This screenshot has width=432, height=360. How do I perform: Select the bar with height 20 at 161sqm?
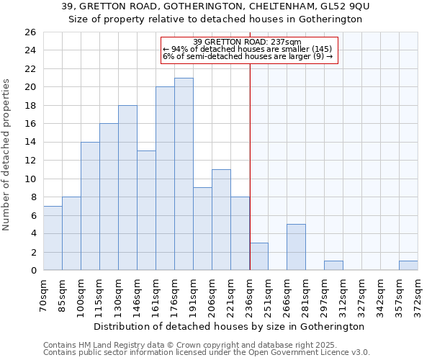165,179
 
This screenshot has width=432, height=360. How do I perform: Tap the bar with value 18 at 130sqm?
127,187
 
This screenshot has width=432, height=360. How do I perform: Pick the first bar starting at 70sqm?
53,238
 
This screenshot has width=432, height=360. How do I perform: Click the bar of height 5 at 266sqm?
296,247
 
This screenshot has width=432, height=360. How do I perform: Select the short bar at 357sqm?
408,265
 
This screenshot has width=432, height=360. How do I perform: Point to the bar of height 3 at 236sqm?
258,256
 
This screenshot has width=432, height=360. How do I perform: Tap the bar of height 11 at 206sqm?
221,220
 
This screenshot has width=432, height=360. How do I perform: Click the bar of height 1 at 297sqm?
333,265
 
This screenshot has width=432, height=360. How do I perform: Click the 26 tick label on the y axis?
30,32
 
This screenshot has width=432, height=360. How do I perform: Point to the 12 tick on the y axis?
30,161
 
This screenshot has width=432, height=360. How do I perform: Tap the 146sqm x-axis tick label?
138,296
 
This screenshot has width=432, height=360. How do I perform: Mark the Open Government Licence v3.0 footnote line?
207,352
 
